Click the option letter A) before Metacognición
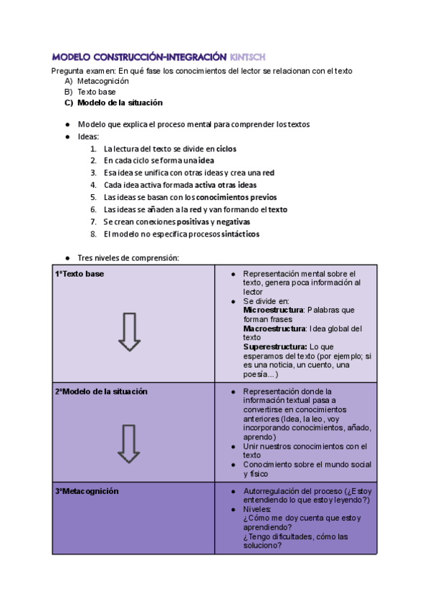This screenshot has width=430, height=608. click(x=68, y=82)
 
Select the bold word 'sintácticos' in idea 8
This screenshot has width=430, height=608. click(x=240, y=234)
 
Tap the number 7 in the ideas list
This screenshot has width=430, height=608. click(x=93, y=222)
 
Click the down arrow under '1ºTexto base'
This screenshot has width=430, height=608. click(x=129, y=332)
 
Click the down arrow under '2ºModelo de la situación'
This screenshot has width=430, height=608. click(x=129, y=443)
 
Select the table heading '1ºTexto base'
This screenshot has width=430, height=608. click(x=80, y=274)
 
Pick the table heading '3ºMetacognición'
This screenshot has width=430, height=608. click(x=87, y=491)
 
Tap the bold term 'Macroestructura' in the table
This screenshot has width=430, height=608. click(x=274, y=328)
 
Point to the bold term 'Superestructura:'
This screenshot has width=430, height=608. click(x=275, y=346)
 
